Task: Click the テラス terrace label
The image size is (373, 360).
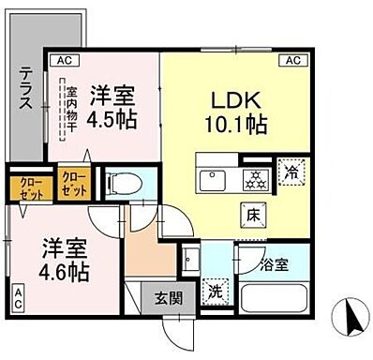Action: point(25,88)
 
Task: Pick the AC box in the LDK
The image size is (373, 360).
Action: point(291,60)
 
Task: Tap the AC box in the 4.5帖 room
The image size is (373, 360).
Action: point(65,60)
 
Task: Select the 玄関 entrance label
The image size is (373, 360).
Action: point(171,299)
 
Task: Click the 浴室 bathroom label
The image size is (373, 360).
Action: point(275,266)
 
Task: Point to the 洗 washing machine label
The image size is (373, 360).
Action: point(215,292)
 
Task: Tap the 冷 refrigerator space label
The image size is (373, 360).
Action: point(293,173)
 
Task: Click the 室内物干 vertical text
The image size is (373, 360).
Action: point(72,110)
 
